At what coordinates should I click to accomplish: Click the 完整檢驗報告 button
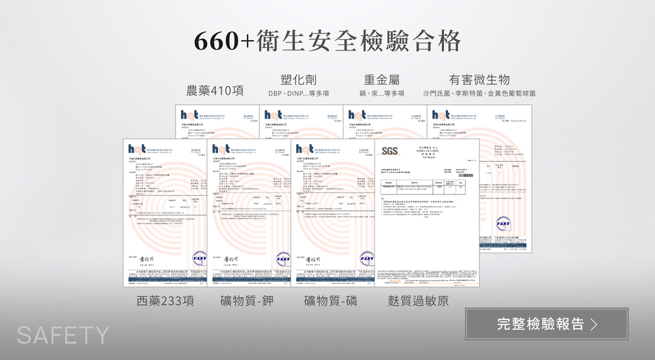(x=546, y=324)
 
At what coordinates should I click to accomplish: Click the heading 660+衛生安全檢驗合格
(x=327, y=41)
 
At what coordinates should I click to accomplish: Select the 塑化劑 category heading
(x=298, y=79)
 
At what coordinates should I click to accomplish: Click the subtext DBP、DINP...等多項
(x=298, y=94)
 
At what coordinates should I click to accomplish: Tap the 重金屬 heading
(x=382, y=79)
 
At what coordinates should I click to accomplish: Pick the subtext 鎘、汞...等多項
(x=382, y=94)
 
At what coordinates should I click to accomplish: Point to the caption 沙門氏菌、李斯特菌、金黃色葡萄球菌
(x=479, y=94)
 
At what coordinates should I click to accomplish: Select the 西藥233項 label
(x=166, y=301)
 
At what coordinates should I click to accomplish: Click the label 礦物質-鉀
(x=247, y=301)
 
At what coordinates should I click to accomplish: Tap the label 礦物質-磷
(x=331, y=301)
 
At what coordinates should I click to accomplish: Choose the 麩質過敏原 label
(x=419, y=301)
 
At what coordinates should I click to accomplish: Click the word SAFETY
(x=63, y=335)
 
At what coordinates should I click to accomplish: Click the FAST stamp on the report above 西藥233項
(x=199, y=258)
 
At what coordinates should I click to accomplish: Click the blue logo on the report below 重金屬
(x=358, y=115)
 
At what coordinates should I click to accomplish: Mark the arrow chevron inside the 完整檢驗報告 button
(x=594, y=324)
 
